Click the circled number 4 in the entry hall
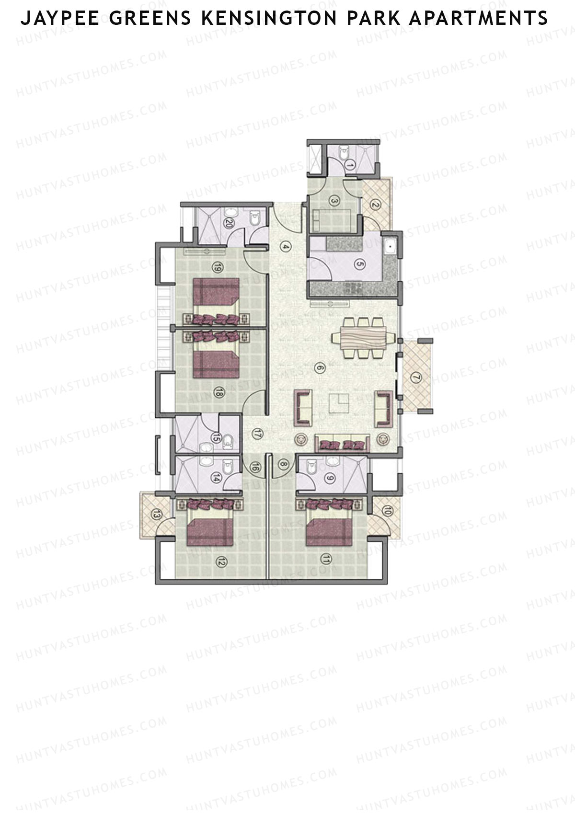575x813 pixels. [286, 247]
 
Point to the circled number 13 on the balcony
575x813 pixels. [156, 515]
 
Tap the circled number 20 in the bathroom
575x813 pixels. [229, 223]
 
